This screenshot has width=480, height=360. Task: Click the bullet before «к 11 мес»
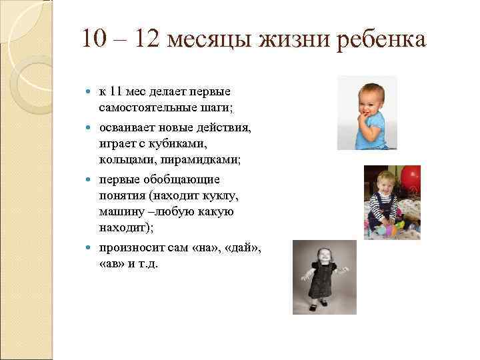point(91,90)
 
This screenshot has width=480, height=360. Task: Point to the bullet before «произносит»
point(91,248)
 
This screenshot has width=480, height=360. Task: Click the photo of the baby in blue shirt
point(367,112)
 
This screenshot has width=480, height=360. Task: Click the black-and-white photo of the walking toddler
point(324,277)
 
